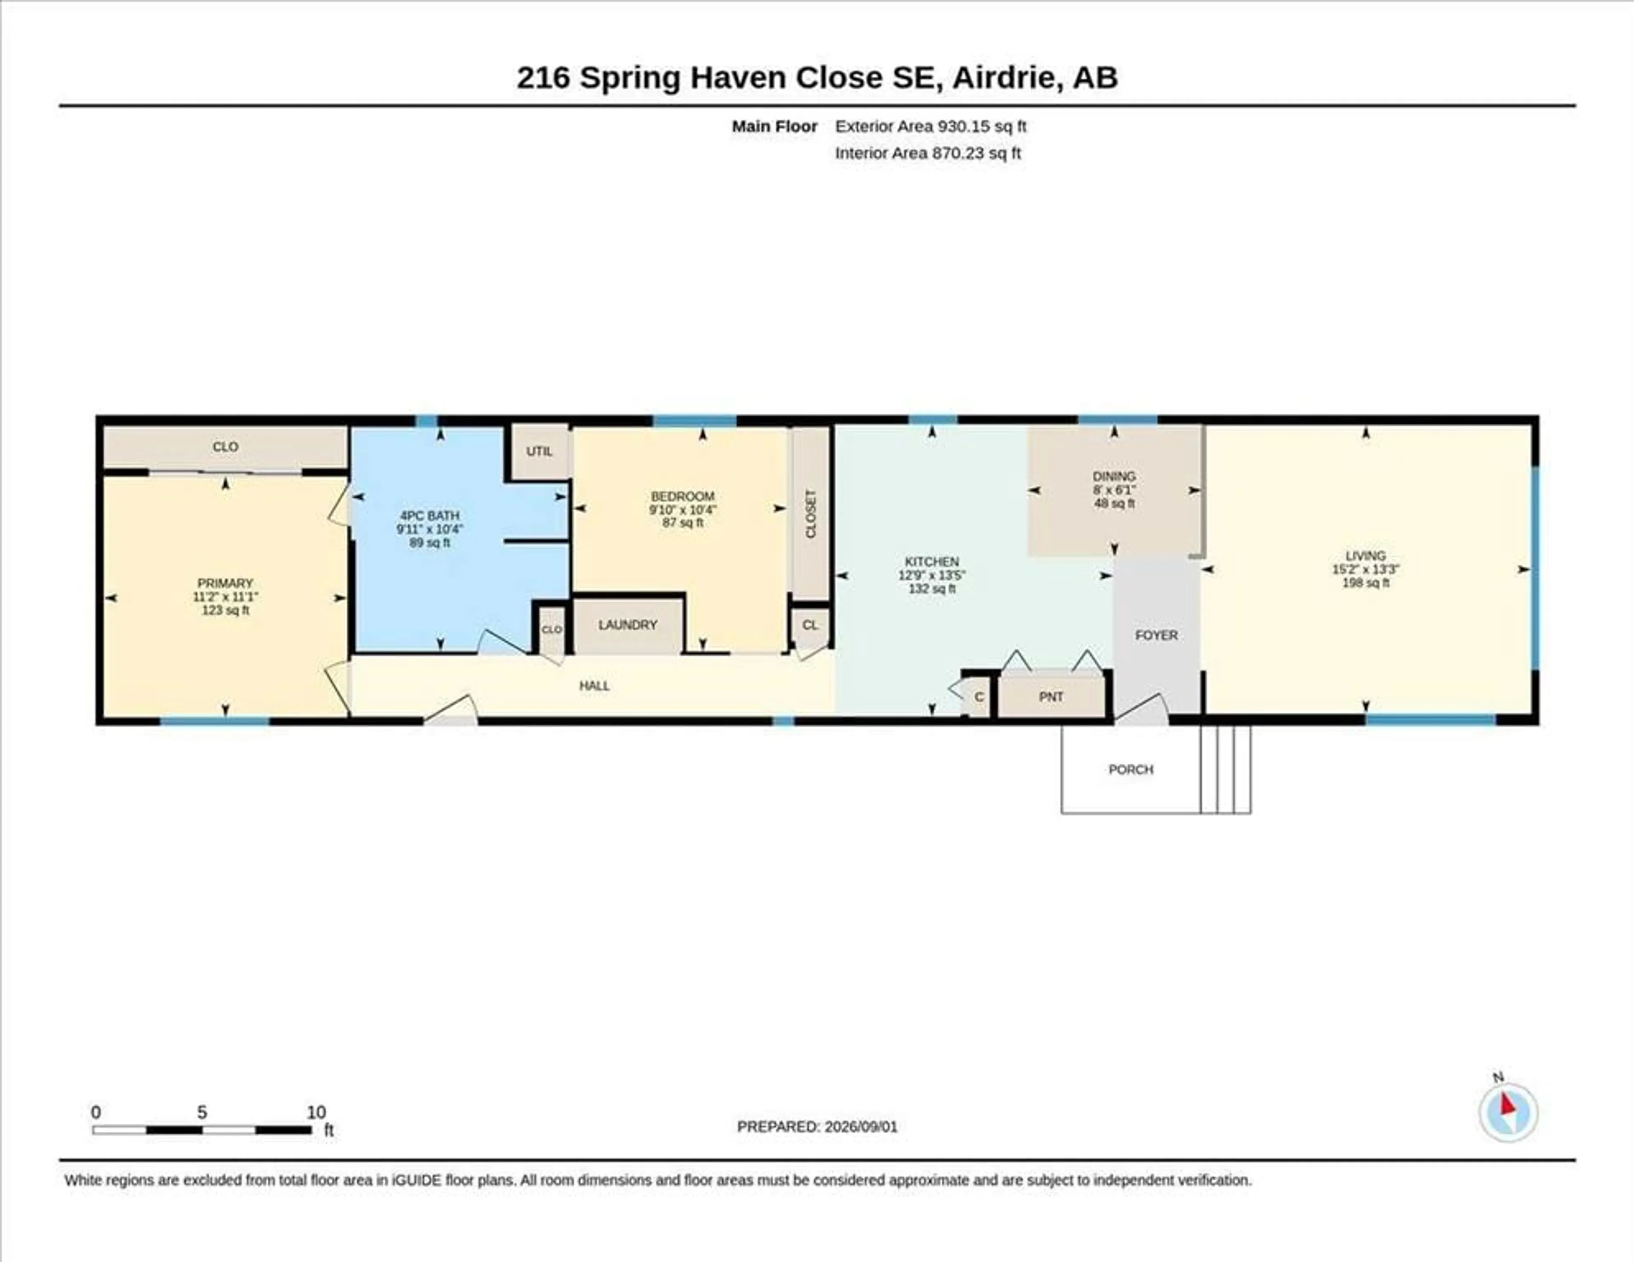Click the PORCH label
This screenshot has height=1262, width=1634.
click(x=1131, y=770)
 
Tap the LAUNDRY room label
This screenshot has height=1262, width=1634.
click(x=628, y=625)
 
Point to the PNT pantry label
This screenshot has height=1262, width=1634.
click(x=1051, y=696)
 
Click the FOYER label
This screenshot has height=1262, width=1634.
click(x=1156, y=635)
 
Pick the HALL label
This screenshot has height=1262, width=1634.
click(x=595, y=686)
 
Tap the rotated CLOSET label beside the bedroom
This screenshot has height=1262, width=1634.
click(x=811, y=514)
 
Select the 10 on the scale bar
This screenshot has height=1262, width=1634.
click(x=317, y=1112)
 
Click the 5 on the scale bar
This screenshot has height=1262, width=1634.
click(x=202, y=1112)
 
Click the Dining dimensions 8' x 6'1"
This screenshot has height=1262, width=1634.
click(x=1114, y=490)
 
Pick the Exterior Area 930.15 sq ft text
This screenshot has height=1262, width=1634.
click(x=931, y=126)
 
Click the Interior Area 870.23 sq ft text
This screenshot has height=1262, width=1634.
click(x=928, y=154)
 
